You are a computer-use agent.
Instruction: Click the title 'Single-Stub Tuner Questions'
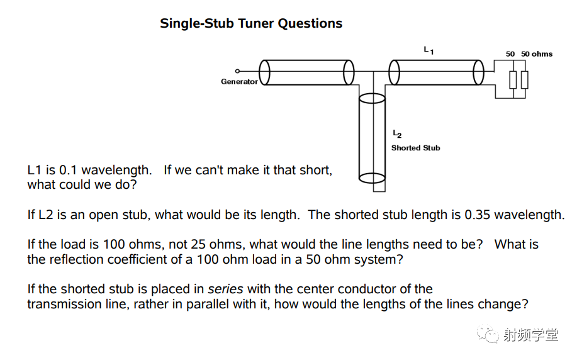click(x=251, y=23)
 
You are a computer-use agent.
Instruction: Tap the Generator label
click(x=239, y=82)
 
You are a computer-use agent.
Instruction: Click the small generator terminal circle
click(x=237, y=71)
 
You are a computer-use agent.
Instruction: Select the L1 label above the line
click(x=429, y=50)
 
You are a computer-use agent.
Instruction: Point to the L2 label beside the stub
click(x=397, y=134)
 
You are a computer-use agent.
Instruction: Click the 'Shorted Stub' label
click(x=415, y=148)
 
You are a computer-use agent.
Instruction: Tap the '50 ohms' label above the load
click(x=537, y=54)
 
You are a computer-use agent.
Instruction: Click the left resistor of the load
click(x=513, y=80)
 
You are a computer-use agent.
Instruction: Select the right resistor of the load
click(x=525, y=80)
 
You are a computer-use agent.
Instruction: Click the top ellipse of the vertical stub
click(x=372, y=98)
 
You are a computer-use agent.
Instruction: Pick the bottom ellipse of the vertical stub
click(x=372, y=178)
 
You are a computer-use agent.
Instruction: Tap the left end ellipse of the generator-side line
click(x=264, y=72)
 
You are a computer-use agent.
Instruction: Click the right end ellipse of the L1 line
click(x=478, y=72)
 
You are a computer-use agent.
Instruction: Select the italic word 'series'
click(x=225, y=290)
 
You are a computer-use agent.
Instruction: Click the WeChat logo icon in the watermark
click(x=488, y=334)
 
